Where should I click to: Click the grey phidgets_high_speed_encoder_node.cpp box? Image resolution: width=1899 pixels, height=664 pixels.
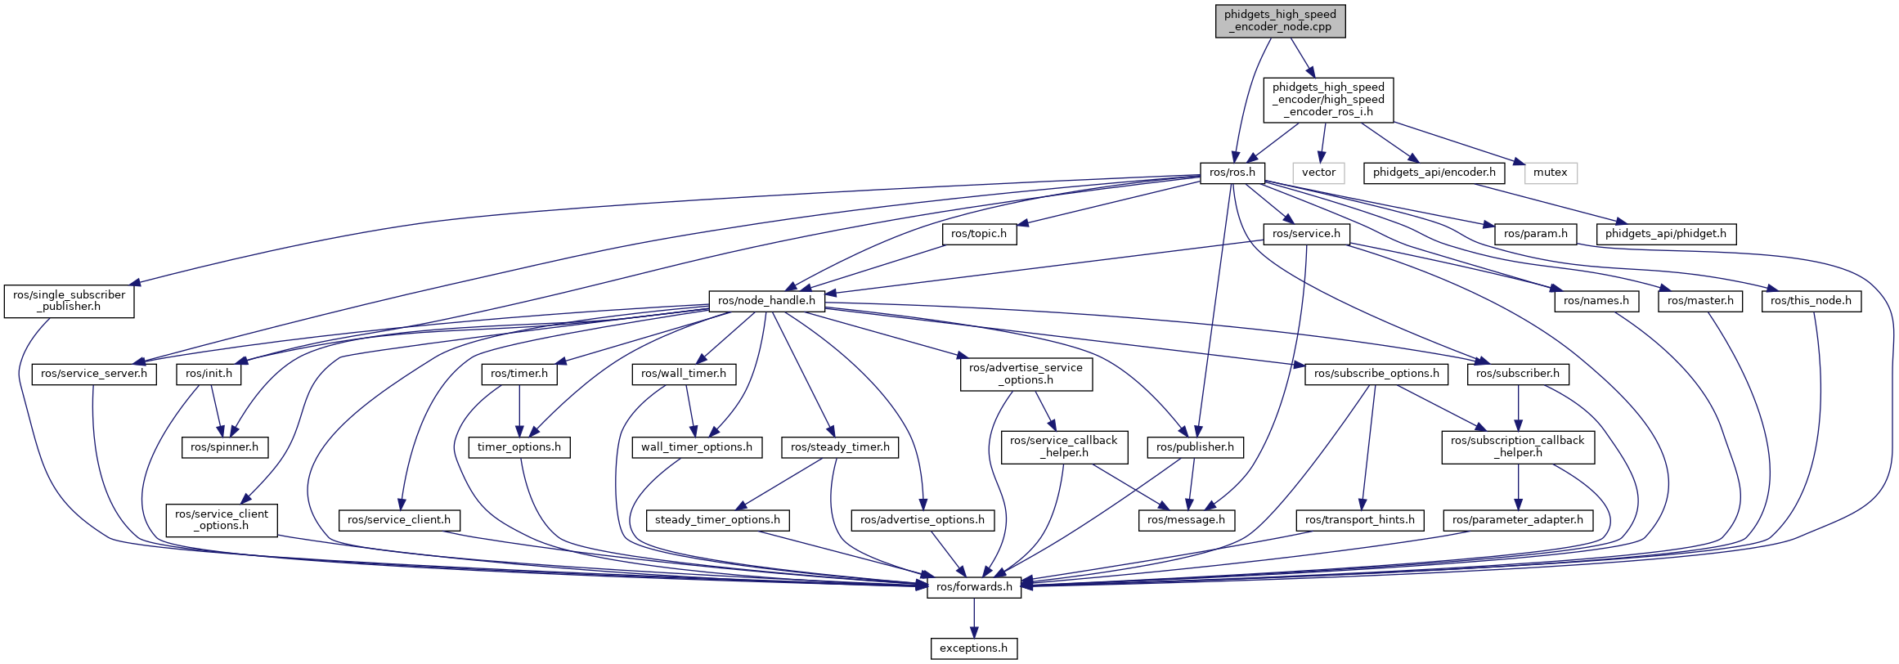1280,20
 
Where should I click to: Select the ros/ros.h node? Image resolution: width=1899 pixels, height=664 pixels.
1232,173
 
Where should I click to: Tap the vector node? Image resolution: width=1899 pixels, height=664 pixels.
1318,173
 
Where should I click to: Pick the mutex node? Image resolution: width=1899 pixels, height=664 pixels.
1550,173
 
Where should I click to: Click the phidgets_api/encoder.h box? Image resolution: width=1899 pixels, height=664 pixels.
1434,173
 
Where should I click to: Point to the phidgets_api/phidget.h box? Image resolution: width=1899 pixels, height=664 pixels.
1665,234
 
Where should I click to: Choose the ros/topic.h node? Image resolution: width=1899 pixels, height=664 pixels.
979,234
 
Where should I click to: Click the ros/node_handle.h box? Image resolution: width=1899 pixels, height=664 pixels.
766,301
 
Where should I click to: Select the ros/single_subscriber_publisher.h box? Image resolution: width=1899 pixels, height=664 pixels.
69,301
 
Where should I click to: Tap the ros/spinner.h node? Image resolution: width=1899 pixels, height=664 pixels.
224,447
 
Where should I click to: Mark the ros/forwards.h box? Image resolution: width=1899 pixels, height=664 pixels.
974,587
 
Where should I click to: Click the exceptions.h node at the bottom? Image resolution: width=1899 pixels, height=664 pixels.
974,648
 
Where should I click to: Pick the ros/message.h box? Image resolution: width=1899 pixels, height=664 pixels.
1186,520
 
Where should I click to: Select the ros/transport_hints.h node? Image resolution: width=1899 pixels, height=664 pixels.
1359,520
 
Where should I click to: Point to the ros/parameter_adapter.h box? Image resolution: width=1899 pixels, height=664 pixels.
1517,520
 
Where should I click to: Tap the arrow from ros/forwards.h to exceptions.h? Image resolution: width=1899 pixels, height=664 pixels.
974,617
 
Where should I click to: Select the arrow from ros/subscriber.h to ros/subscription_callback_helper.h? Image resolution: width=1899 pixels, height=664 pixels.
1519,407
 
